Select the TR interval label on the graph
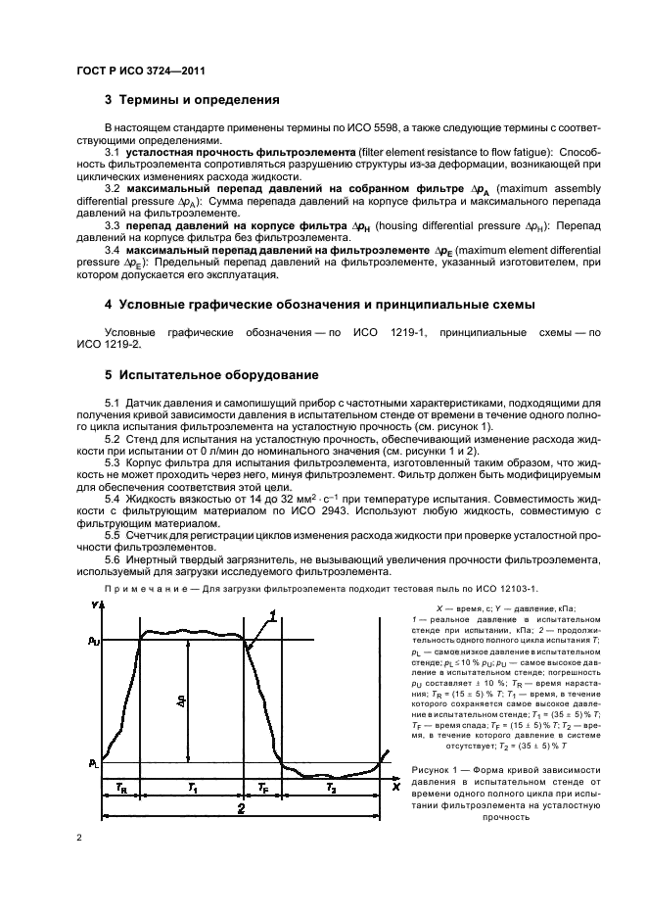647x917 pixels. (x=120, y=788)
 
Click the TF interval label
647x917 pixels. (x=262, y=788)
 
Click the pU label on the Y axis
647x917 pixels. (x=93, y=641)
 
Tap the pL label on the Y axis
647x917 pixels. (x=93, y=761)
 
